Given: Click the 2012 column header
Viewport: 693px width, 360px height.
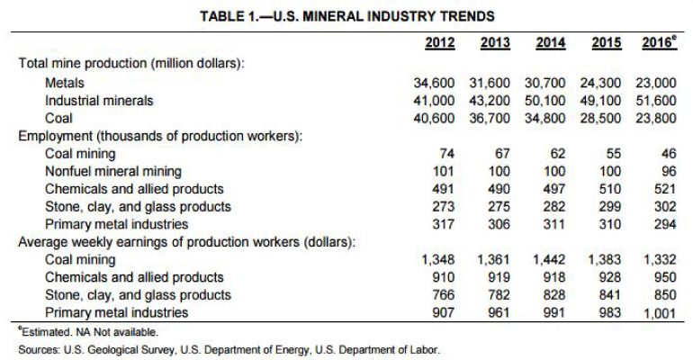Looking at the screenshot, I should pyautogui.click(x=439, y=42).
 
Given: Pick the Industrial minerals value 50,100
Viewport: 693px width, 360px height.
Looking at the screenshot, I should pyautogui.click(x=543, y=100).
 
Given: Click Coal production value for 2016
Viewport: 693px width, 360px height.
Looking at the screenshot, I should pyautogui.click(x=653, y=118).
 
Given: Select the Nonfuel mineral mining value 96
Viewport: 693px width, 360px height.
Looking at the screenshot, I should pyautogui.click(x=666, y=171).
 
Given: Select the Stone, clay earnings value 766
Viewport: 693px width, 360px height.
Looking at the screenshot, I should pyautogui.click(x=442, y=295).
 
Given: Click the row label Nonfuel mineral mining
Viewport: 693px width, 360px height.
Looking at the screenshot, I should pyautogui.click(x=112, y=171).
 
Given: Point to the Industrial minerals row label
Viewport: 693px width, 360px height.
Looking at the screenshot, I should pyautogui.click(x=99, y=100).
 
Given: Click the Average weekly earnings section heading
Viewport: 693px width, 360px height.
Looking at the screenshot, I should pyautogui.click(x=185, y=242).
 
